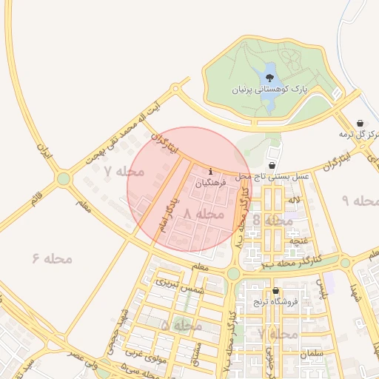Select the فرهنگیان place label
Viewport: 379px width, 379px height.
(213, 181)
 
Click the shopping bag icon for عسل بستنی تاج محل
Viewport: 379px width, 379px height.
(272, 166)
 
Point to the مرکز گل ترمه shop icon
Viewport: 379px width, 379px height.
(360, 123)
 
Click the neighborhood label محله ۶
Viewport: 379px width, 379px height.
(52, 258)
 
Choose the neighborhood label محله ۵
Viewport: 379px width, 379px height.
(181, 325)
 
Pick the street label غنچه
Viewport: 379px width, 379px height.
(298, 241)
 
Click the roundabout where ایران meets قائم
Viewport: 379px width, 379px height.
(64, 178)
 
